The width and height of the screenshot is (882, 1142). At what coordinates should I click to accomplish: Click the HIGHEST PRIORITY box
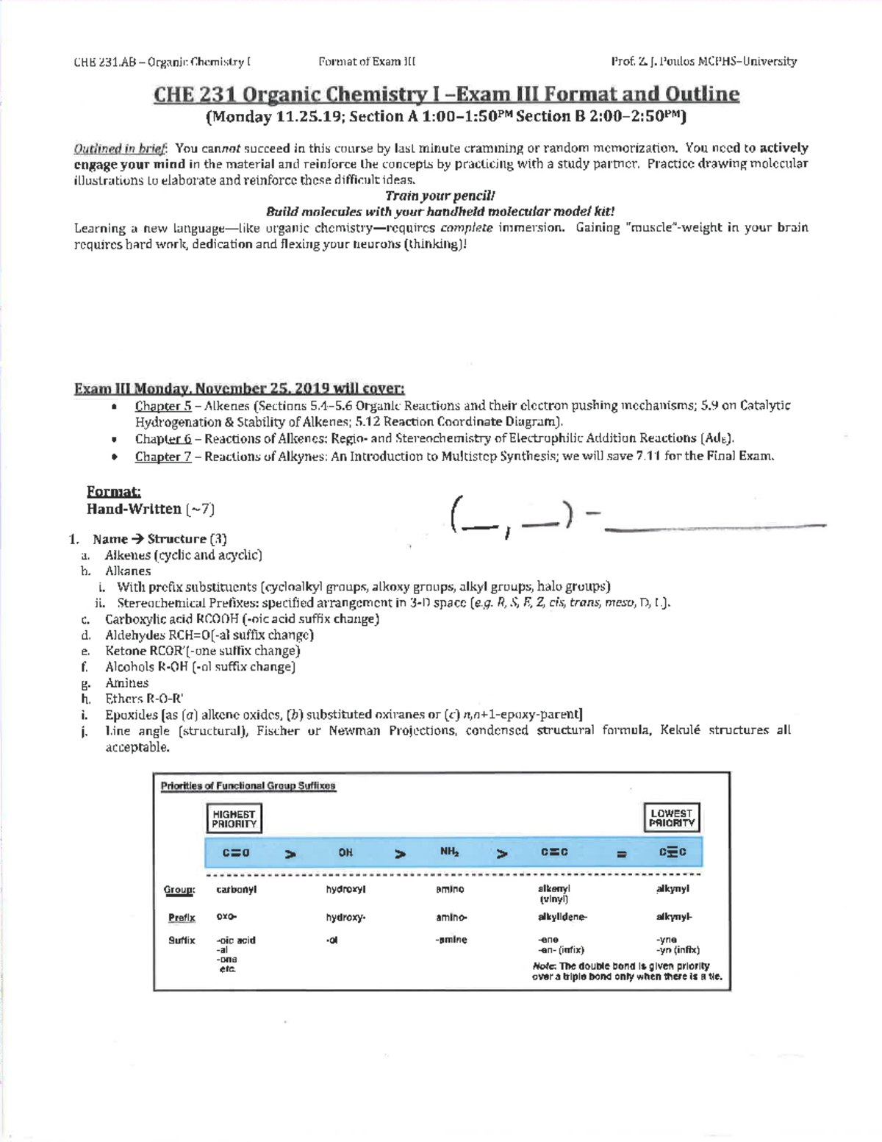coord(234,818)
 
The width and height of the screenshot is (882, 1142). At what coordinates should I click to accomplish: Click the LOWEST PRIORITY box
coord(671,818)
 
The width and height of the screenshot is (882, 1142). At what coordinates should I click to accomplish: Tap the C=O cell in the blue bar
coord(236,852)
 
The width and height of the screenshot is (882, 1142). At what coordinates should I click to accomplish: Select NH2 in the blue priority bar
coord(449,852)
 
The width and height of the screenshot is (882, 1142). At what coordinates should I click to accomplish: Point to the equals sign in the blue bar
coord(621,854)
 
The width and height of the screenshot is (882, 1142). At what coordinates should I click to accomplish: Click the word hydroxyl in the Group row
coord(345,889)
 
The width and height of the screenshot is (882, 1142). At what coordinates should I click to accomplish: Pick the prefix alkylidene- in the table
coord(562,917)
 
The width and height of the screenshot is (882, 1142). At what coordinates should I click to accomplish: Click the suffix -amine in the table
coord(451,940)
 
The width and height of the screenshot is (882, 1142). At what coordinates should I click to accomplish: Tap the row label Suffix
coord(181,941)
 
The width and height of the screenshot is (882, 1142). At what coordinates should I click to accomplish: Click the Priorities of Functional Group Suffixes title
coord(248,786)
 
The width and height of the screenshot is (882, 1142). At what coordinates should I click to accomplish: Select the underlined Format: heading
coord(113,491)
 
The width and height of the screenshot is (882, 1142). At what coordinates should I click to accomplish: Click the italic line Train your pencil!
coord(440,196)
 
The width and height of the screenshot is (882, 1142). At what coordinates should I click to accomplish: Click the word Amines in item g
coord(126,683)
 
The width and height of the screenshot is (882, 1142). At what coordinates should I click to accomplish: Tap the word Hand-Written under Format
coord(134,509)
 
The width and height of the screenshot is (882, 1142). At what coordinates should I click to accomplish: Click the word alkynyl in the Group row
coord(673,888)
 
